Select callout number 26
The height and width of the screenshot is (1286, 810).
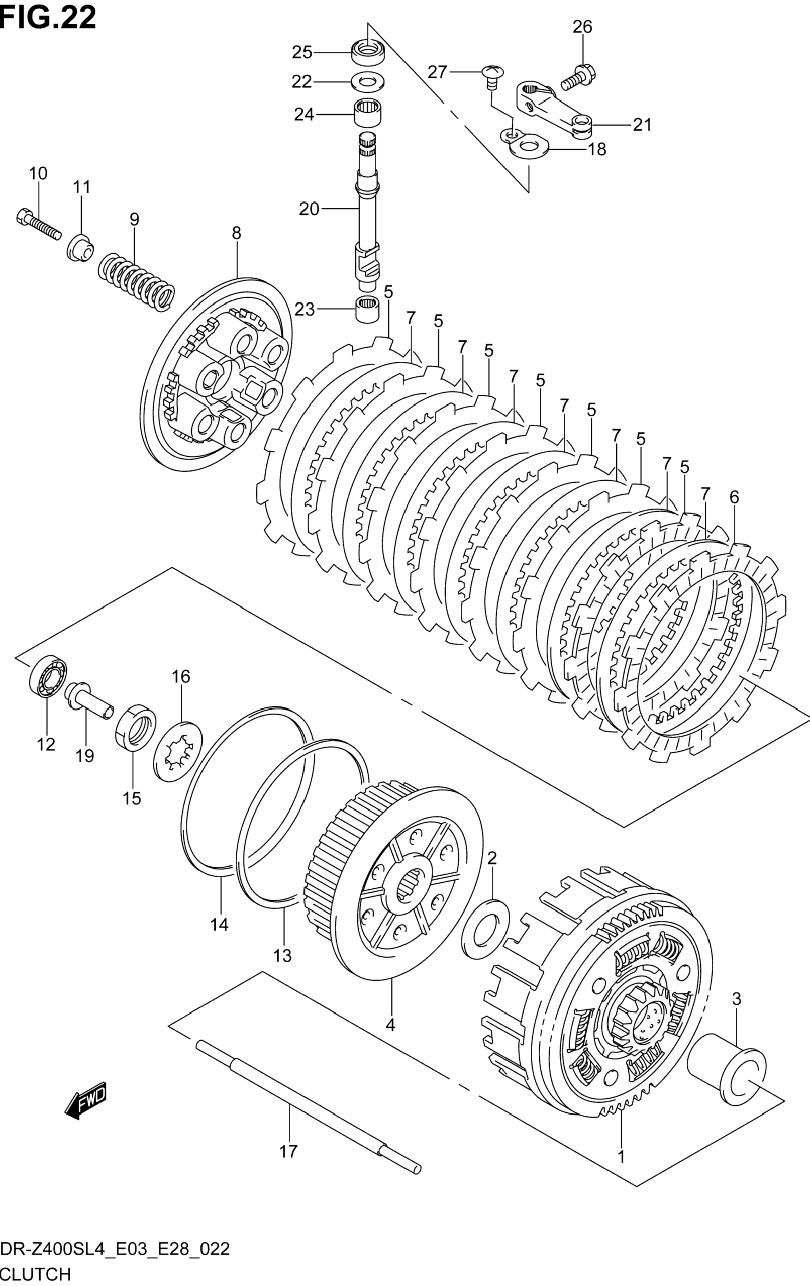[583, 27]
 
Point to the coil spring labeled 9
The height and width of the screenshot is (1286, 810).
[136, 282]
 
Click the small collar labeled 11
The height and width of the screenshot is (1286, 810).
[81, 248]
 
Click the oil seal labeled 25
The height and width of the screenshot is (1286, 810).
[369, 52]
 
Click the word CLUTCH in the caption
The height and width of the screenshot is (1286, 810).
[36, 1274]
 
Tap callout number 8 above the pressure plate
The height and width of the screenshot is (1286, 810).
[236, 233]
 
